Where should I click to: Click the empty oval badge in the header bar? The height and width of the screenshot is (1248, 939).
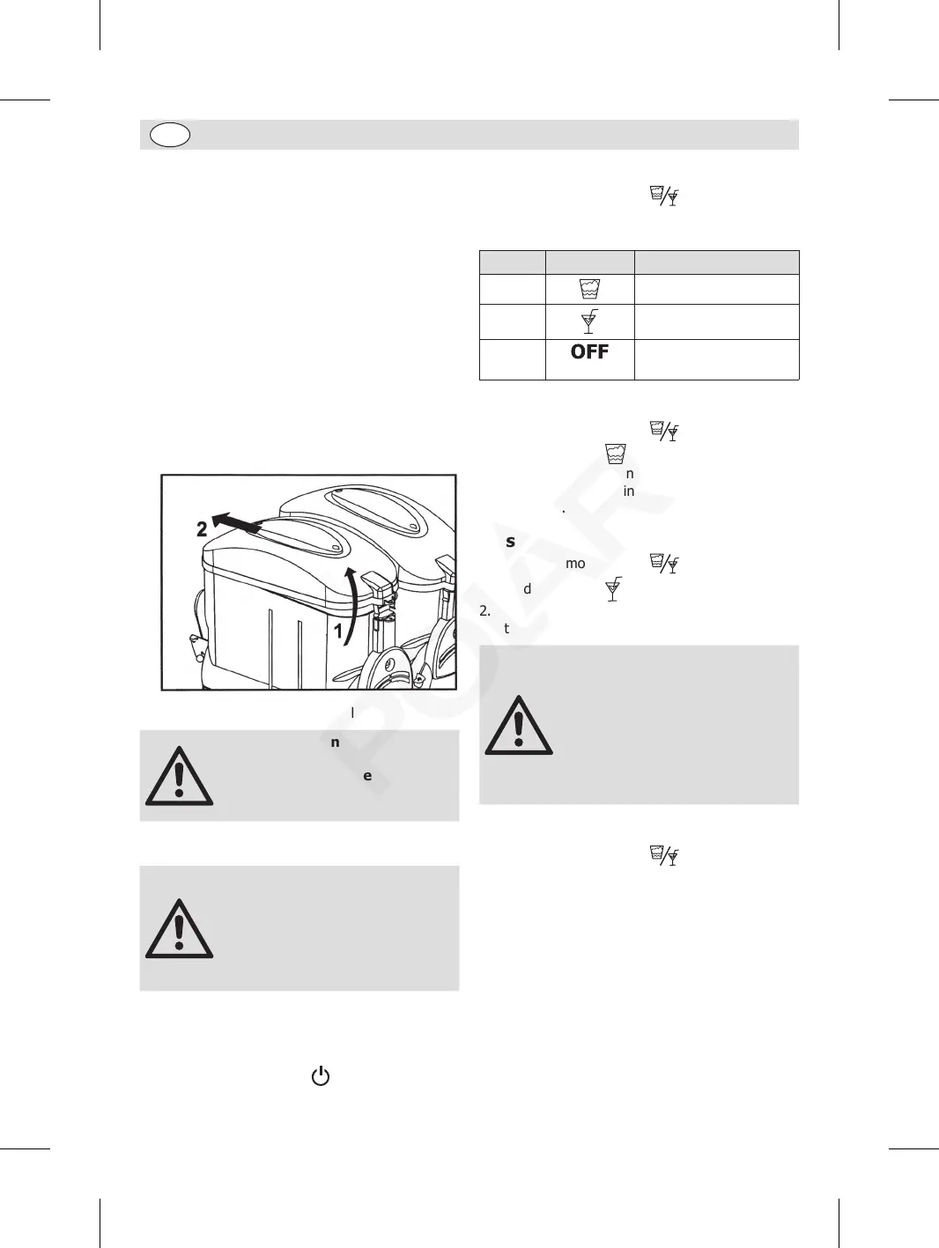pyautogui.click(x=170, y=135)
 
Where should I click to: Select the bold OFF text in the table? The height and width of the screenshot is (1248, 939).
pyautogui.click(x=589, y=352)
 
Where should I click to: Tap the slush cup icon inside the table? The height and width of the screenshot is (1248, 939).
pyautogui.click(x=589, y=289)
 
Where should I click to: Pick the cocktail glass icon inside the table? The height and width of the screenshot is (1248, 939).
pyautogui.click(x=589, y=321)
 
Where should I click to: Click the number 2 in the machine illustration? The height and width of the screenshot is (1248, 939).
pyautogui.click(x=202, y=529)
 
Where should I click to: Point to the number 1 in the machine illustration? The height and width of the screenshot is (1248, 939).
pyautogui.click(x=338, y=631)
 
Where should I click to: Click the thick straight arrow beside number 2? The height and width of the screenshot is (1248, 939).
pyautogui.click(x=236, y=523)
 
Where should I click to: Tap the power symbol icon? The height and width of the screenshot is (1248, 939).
pyautogui.click(x=321, y=1076)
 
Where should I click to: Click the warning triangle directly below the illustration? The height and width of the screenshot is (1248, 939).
pyautogui.click(x=179, y=777)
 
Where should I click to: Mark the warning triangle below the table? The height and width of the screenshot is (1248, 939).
pyautogui.click(x=519, y=727)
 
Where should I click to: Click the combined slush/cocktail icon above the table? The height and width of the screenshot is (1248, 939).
pyautogui.click(x=664, y=196)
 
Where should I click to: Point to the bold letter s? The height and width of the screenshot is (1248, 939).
pyautogui.click(x=510, y=542)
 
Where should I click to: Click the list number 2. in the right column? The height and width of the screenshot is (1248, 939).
pyautogui.click(x=484, y=610)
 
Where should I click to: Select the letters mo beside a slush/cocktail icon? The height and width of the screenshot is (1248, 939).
pyautogui.click(x=575, y=564)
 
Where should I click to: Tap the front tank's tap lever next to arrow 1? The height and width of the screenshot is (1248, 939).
pyautogui.click(x=377, y=584)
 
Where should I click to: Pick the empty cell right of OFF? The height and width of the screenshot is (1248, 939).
pyautogui.click(x=716, y=359)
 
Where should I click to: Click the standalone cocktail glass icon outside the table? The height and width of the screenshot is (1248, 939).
pyautogui.click(x=613, y=589)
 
